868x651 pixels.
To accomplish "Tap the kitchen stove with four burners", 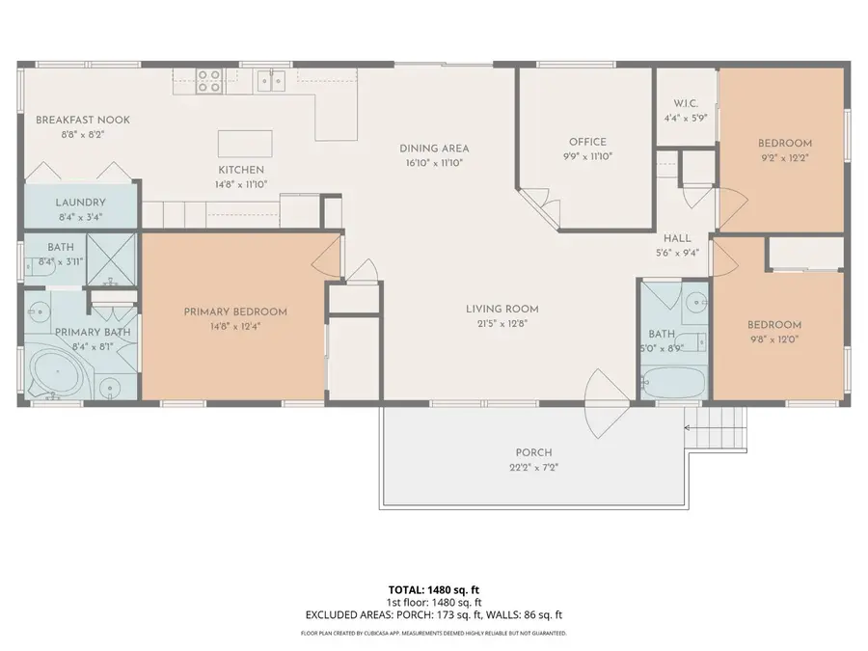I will [x=210, y=81].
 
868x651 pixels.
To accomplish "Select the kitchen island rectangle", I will [x=245, y=144].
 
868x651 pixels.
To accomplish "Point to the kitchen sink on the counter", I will [x=271, y=81].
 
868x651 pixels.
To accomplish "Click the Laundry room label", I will [x=80, y=203].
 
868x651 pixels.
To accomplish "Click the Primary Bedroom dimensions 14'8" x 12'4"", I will [x=235, y=327].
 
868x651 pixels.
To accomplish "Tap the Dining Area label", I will [x=434, y=149].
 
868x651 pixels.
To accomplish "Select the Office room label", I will [x=586, y=143].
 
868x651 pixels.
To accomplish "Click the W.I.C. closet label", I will [x=687, y=104].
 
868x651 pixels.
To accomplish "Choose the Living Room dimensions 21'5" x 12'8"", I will [x=502, y=324].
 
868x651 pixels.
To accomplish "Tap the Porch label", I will [x=533, y=452].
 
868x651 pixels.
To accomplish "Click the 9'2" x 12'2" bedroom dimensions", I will [x=784, y=156].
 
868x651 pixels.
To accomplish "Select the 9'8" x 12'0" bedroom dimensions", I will [x=776, y=339].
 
